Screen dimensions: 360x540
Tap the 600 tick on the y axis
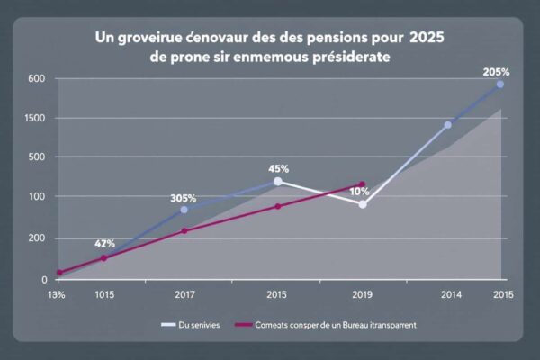[36, 78]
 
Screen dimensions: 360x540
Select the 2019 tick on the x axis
[362, 294]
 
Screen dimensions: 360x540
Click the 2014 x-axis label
[451, 294]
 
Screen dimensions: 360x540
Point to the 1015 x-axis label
[103, 294]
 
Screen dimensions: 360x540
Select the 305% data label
[184, 199]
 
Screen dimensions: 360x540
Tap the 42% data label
[104, 243]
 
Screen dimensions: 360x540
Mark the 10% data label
[359, 192]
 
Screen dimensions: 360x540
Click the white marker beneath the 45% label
[277, 182]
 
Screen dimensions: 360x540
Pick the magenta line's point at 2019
[362, 184]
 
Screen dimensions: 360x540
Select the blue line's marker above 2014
[447, 125]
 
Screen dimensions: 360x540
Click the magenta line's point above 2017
[184, 230]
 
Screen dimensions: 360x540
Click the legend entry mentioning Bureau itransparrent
[328, 324]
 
